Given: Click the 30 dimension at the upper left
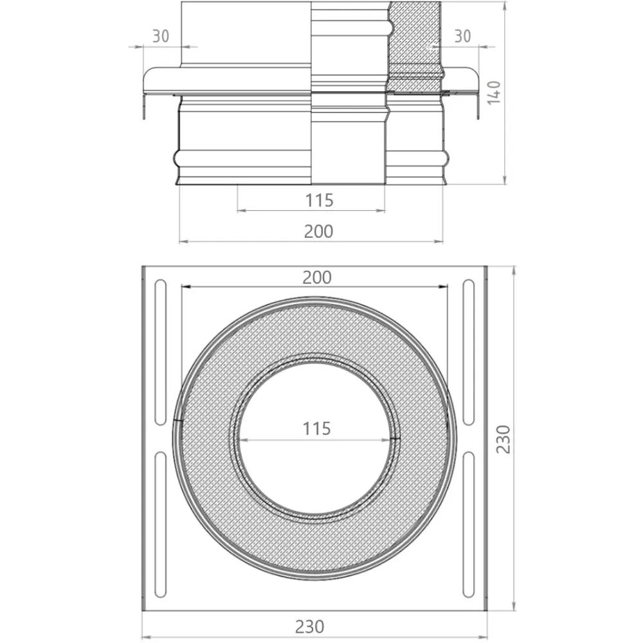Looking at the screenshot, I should point(161,37).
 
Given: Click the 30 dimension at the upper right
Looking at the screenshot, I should point(462,37).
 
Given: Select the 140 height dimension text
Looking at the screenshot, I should point(493,92).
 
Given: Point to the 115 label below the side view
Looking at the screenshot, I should point(319,201).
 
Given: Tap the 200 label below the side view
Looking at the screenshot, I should point(319,231).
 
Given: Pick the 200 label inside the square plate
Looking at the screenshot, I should point(317,277).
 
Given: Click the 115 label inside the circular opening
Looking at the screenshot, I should point(317,428).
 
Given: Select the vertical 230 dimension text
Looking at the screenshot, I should point(503,439).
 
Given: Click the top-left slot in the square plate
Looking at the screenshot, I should point(160,352).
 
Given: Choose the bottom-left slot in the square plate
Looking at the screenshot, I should point(160,525).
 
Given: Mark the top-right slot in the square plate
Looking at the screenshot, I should point(469,352).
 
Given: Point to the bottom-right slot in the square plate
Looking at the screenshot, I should point(469,525).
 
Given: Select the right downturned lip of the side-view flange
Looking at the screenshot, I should point(478,106).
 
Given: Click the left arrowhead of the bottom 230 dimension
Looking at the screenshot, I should point(145,637).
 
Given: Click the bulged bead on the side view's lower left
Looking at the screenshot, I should point(178,156).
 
